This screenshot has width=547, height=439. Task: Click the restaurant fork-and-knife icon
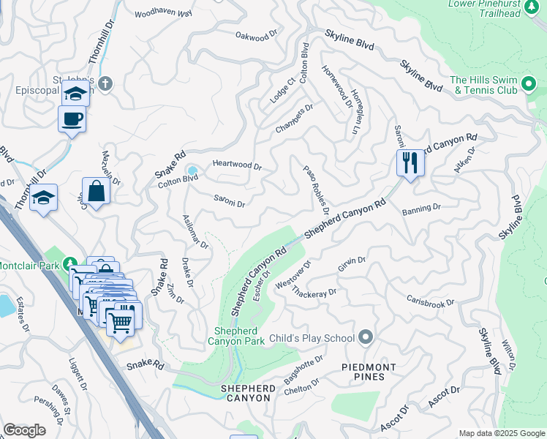410,162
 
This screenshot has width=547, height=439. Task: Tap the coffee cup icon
72,119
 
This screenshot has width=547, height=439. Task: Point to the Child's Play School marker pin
366,337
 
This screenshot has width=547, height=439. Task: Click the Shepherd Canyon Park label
236,336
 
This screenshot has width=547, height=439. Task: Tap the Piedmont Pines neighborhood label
369,372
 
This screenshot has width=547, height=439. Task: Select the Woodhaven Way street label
164,13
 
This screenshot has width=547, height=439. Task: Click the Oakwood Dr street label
257,34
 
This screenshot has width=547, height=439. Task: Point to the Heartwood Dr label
237,166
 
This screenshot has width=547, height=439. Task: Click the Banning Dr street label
421,208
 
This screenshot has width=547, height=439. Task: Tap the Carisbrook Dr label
431,301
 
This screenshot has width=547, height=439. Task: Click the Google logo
24,430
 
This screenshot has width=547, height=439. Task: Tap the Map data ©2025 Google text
501,433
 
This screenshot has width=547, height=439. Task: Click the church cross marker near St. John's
105,83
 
